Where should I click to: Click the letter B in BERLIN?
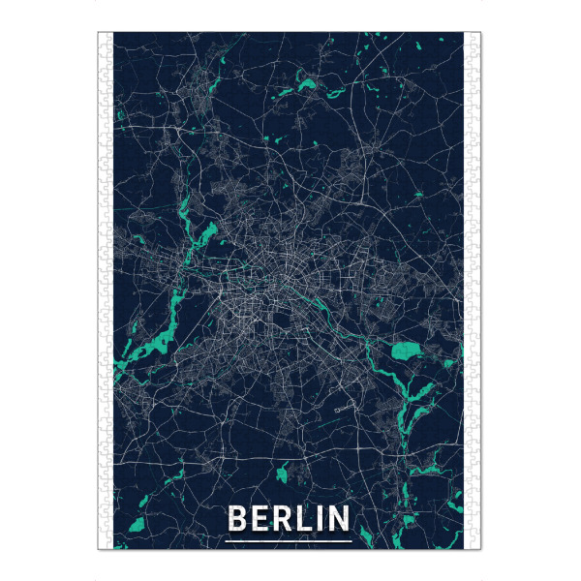click(235, 519)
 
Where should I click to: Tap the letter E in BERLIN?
click(260, 519)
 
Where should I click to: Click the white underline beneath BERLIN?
click(289, 538)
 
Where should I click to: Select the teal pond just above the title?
click(283, 474)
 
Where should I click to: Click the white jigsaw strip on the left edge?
click(106, 290)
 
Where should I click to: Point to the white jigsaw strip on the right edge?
click(473, 290)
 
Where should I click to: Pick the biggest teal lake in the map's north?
click(308, 86)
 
